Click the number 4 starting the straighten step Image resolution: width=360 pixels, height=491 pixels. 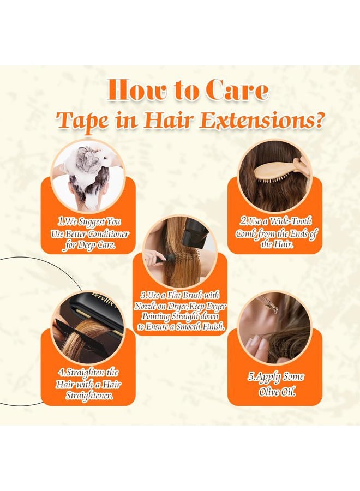[x=61, y=372]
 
